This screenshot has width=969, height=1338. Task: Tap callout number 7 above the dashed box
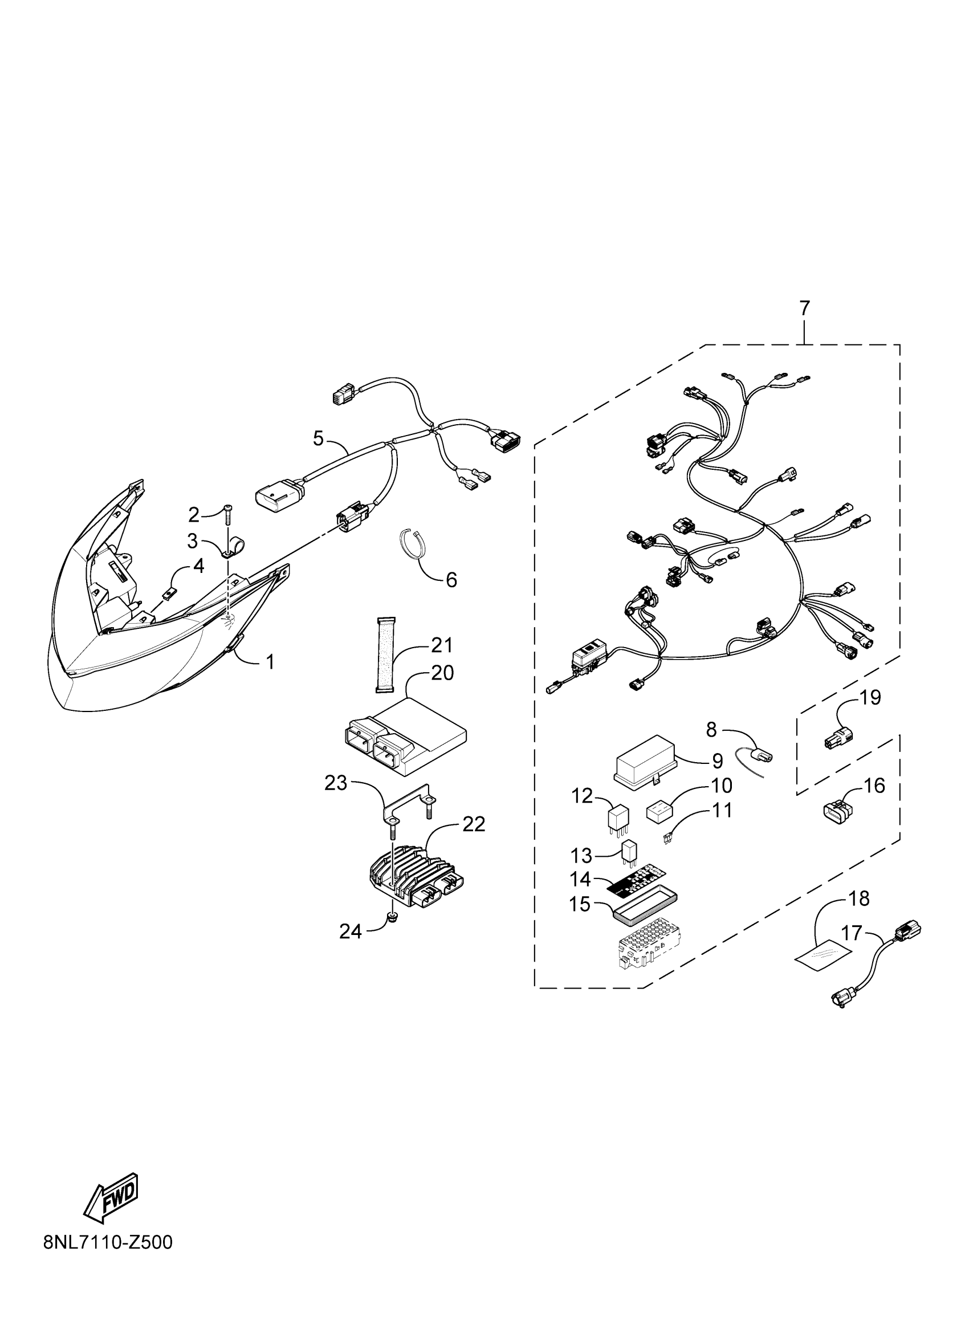(x=804, y=308)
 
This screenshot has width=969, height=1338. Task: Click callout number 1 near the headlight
(x=270, y=662)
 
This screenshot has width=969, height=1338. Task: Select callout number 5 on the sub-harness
(x=319, y=438)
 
